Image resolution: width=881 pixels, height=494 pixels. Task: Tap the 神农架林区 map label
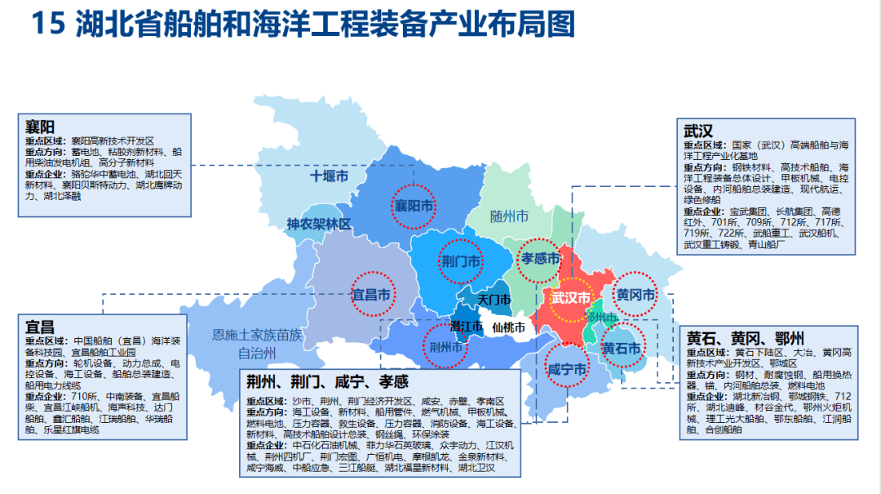coord(318,223)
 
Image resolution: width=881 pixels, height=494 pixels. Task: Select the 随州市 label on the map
coord(509,216)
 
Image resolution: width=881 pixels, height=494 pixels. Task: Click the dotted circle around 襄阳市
coord(414,206)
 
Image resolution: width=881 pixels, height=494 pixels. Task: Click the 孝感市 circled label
coord(541,259)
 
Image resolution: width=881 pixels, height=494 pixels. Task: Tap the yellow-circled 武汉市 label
coord(570,298)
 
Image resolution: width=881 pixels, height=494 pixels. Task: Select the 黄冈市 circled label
coord(635,295)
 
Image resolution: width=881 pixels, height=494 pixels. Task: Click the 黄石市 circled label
coord(622,347)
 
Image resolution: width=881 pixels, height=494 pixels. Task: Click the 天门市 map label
coord(494,300)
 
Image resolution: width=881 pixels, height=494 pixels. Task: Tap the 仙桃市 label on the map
coord(509,327)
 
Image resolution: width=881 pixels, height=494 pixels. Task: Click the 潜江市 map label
coord(466,326)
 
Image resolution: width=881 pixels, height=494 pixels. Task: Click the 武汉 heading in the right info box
coord(698,131)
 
